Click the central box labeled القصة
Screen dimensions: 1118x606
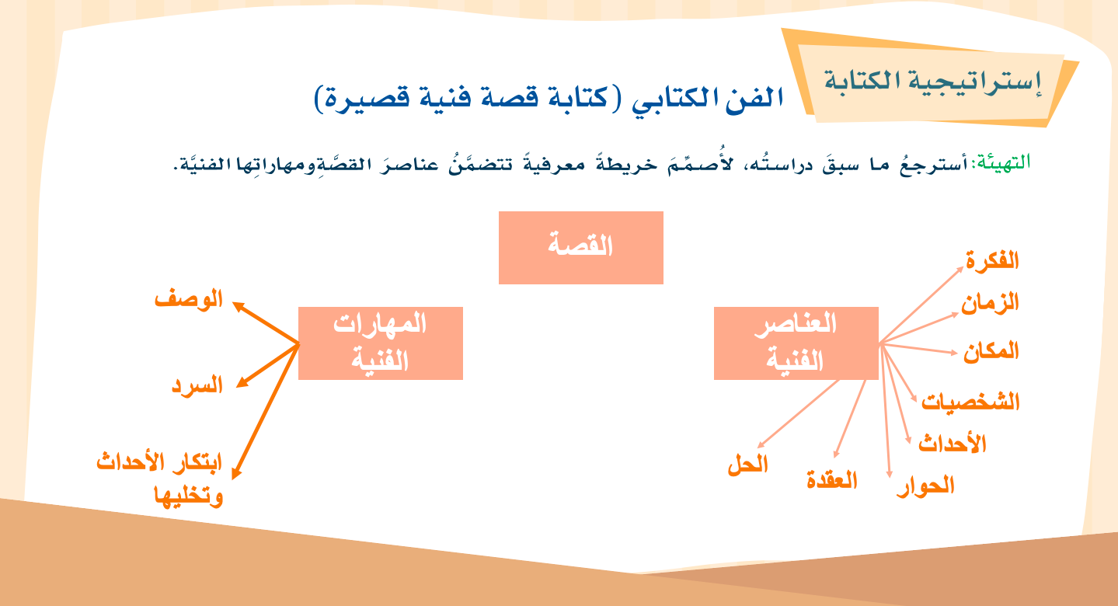[581, 248]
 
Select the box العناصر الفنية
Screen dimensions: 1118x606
[796, 343]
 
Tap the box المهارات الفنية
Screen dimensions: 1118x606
[381, 343]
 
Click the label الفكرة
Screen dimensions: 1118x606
[992, 260]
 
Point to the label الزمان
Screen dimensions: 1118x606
[991, 303]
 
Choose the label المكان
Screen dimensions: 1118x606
[991, 351]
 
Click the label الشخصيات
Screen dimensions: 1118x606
[970, 402]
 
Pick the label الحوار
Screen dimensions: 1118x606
[926, 486]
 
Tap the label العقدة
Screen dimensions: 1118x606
[832, 479]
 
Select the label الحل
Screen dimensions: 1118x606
[747, 465]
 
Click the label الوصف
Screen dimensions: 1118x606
[189, 298]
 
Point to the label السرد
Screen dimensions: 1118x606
[197, 385]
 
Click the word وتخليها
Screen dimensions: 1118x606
[189, 496]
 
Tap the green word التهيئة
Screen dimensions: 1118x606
[1003, 162]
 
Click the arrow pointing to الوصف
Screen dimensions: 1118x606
[266, 323]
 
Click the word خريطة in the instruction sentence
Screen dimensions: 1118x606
[627, 164]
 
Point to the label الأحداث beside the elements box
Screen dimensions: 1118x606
[953, 444]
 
